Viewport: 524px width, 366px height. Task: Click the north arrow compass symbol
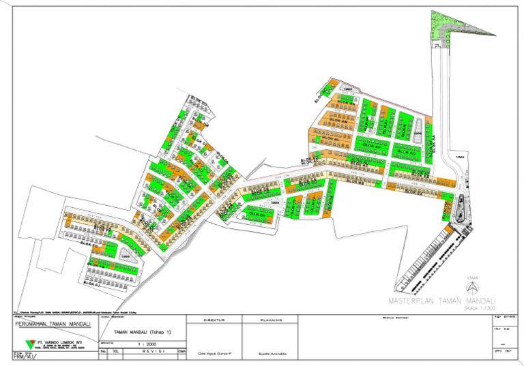click(470, 287)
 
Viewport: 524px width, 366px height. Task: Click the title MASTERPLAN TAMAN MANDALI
click(441, 301)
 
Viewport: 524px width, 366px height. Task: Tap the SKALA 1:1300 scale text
click(480, 308)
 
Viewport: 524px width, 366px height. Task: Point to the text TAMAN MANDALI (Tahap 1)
click(143, 332)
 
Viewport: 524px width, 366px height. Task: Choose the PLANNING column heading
click(271, 320)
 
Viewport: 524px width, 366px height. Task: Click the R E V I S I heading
click(143, 352)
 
